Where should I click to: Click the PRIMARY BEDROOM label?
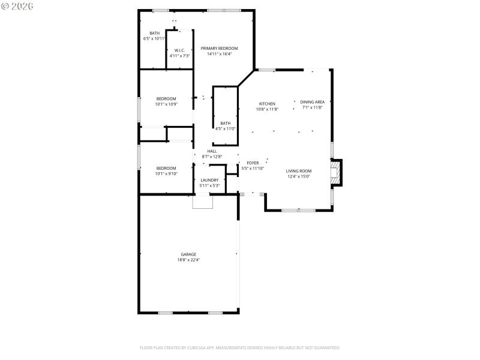coord(219,49)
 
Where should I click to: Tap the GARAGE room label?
coord(188,254)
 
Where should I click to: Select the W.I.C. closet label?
coord(179,50)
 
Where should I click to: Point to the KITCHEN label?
coord(267,104)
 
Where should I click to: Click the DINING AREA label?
coord(312,102)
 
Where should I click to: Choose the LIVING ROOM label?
coord(298,171)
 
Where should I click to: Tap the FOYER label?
coord(253,163)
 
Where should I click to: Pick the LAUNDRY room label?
coord(209,180)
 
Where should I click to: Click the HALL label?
coord(212,151)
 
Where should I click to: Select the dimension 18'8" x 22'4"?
coord(188,260)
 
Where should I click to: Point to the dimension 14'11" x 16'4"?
coord(219,54)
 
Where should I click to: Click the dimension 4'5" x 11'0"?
coord(225,128)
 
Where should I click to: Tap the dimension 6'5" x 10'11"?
coord(154,38)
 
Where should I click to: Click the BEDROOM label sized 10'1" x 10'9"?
coord(166,98)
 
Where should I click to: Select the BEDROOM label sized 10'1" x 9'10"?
coord(166,168)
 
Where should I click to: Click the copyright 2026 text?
coord(17,5)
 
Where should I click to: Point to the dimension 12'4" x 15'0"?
coord(298,176)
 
